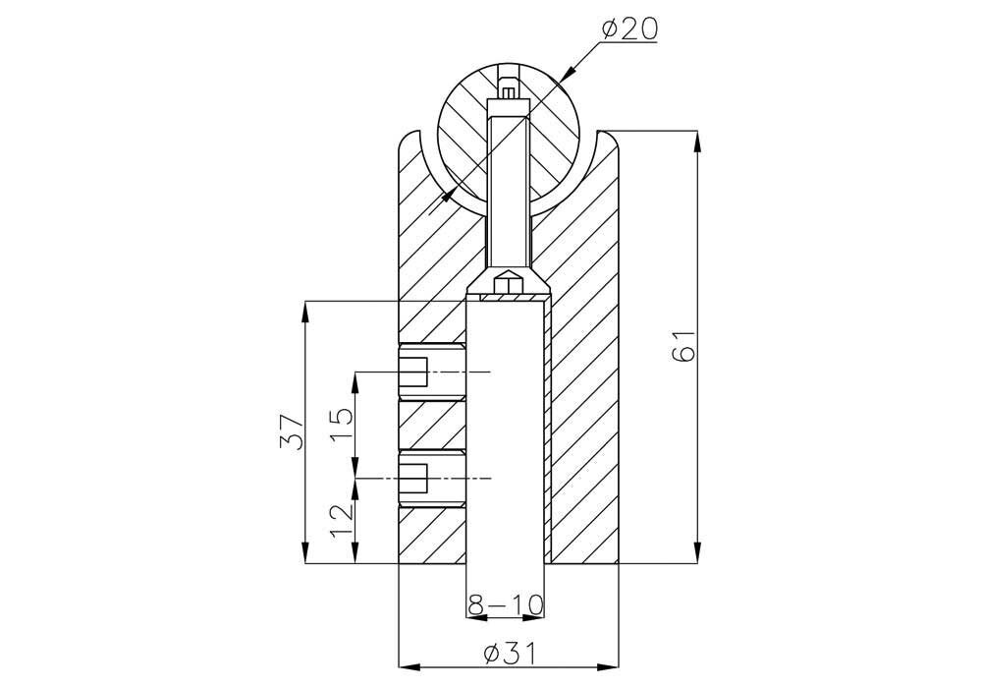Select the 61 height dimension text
tap(683, 346)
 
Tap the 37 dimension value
tap(292, 431)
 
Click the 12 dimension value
tap(341, 520)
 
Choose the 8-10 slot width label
tap(506, 604)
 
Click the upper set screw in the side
tap(432, 373)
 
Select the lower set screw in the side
tap(432, 479)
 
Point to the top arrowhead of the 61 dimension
tap(696, 141)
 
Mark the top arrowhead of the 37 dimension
tap(305, 312)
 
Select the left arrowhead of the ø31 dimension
tap(409, 666)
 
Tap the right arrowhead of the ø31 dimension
tap(608, 666)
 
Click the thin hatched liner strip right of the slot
tap(548, 431)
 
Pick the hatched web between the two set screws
tap(432, 426)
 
